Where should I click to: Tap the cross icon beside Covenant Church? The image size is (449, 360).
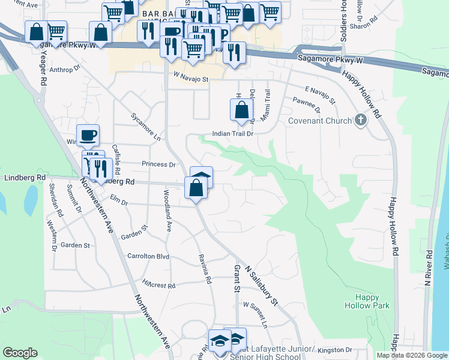point(360,121)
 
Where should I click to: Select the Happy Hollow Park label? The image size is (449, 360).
point(367,301)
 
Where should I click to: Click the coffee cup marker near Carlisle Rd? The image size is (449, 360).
point(88,135)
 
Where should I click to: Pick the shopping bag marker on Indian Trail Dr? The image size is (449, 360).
point(241,110)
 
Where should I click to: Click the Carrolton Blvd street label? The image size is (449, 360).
point(148,256)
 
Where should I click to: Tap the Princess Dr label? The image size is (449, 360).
point(158,164)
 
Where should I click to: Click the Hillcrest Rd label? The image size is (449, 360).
point(158,286)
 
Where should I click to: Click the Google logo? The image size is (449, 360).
point(20,352)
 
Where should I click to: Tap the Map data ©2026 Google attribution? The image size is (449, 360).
point(412,355)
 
